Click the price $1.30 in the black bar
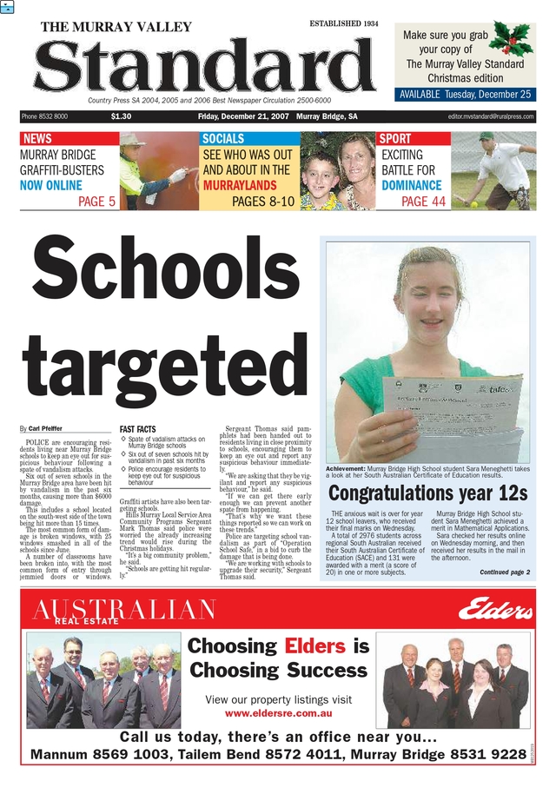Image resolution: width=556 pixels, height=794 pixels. (122, 116)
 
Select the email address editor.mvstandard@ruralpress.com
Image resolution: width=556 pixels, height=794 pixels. (491, 116)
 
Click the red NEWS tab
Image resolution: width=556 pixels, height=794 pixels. (37, 139)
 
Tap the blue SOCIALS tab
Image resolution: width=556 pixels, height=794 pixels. (223, 139)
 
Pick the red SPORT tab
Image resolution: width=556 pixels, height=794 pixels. (395, 139)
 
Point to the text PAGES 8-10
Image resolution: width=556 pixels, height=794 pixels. (263, 202)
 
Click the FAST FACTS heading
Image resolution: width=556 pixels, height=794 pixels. (138, 429)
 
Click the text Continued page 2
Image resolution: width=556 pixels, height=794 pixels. (505, 572)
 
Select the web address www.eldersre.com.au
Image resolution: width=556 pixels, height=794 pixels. (278, 713)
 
